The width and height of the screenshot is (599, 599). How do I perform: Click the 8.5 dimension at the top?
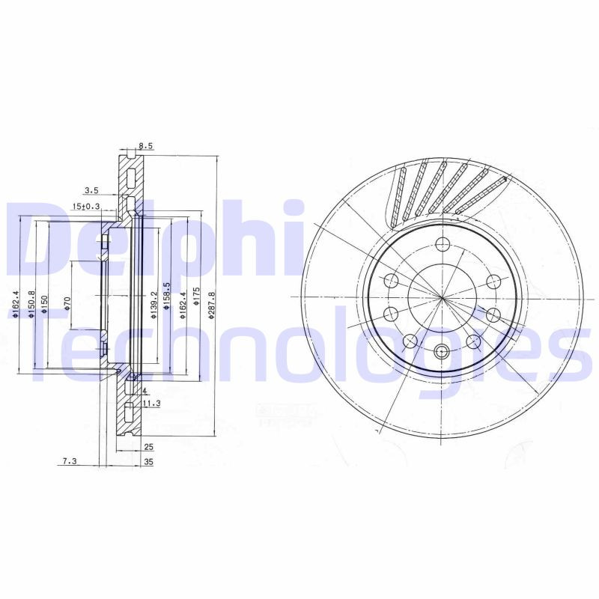click(146, 148)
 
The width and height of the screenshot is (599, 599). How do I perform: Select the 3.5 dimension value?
click(91, 190)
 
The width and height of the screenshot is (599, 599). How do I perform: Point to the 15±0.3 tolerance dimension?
click(86, 206)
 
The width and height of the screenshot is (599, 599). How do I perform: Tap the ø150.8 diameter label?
click(31, 305)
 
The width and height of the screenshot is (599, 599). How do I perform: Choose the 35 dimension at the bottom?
click(148, 463)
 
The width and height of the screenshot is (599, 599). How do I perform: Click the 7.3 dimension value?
click(70, 463)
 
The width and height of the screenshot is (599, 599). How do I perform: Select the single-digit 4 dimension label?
click(143, 391)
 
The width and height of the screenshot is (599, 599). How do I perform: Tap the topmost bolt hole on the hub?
click(442, 243)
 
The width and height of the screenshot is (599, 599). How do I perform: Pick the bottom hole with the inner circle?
click(442, 351)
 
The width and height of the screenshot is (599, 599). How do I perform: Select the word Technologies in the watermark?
click(299, 348)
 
